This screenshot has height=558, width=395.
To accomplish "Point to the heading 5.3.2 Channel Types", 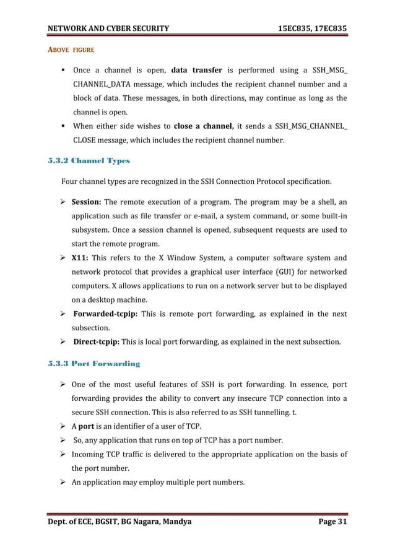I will point(89,161).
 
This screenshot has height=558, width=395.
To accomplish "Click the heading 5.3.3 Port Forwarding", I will point(94,363).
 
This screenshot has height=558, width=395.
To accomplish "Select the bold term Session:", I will point(86,202).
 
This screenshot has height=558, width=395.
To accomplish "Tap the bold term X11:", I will point(80,258).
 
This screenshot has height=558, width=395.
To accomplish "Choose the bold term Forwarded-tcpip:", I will point(104,314).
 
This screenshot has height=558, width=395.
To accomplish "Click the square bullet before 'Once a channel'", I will point(64,71).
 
